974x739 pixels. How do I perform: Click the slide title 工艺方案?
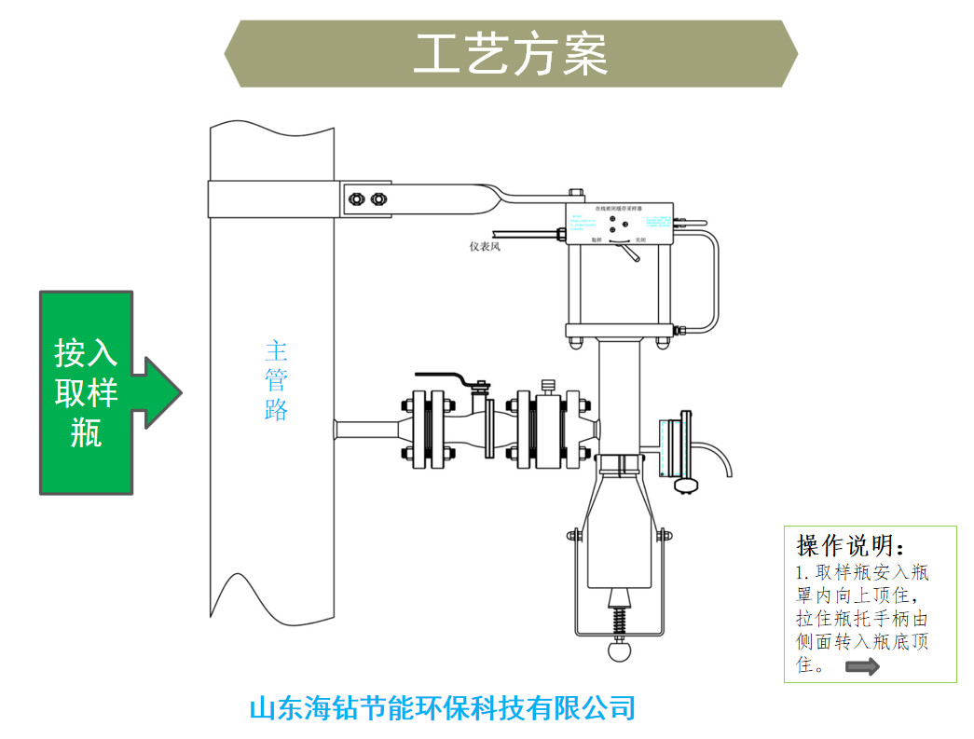click(x=511, y=54)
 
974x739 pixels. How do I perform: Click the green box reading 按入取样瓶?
click(x=86, y=392)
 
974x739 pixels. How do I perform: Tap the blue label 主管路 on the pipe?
click(x=276, y=380)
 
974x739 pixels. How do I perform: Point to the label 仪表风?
click(x=485, y=247)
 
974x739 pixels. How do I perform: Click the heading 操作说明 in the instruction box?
click(x=850, y=545)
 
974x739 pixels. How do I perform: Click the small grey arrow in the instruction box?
click(x=862, y=666)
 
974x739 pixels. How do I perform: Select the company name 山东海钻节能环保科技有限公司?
click(x=442, y=707)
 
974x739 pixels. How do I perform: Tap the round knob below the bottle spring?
click(x=619, y=650)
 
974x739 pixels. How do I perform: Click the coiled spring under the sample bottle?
click(x=619, y=620)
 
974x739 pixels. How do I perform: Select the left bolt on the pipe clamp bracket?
click(x=354, y=198)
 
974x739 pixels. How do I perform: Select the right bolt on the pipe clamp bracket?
click(x=377, y=198)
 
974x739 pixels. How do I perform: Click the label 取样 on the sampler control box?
click(x=597, y=239)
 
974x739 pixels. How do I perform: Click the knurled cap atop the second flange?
click(x=548, y=384)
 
